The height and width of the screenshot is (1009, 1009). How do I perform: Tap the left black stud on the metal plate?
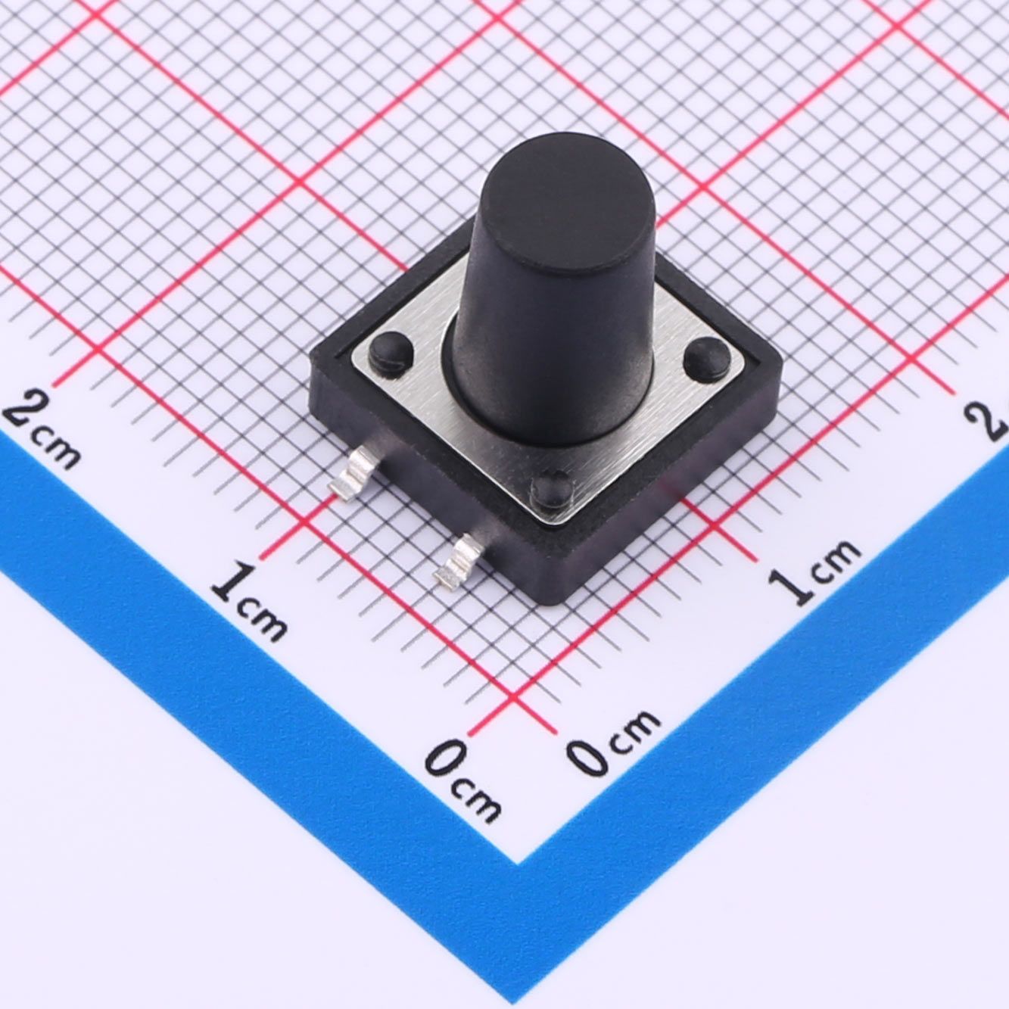click(391, 349)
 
